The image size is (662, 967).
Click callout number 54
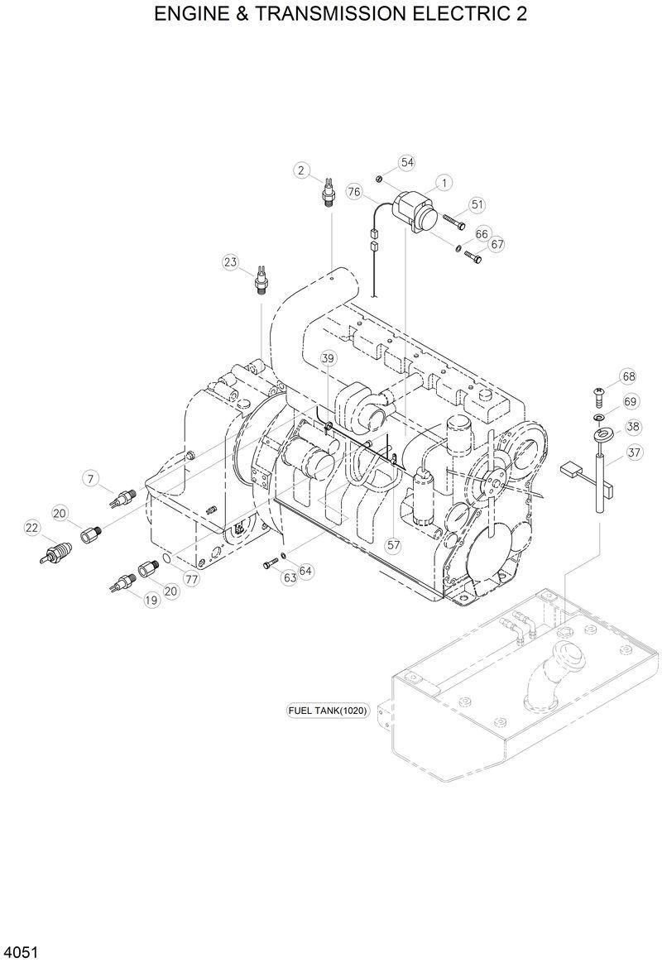pyautogui.click(x=406, y=162)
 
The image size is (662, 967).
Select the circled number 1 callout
pyautogui.click(x=444, y=182)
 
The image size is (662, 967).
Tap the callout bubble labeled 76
pyautogui.click(x=354, y=192)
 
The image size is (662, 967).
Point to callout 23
pyautogui.click(x=230, y=263)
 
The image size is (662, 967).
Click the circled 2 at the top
pyautogui.click(x=302, y=171)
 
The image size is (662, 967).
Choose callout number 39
pyautogui.click(x=329, y=357)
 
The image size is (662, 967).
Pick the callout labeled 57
pyautogui.click(x=393, y=545)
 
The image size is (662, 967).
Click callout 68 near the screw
pyautogui.click(x=629, y=377)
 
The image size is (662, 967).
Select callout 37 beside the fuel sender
pyautogui.click(x=634, y=452)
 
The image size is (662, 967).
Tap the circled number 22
pyautogui.click(x=31, y=527)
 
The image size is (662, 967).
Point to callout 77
pyautogui.click(x=192, y=579)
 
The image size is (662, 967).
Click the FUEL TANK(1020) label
pyautogui.click(x=328, y=710)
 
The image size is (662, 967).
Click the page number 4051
pyautogui.click(x=22, y=952)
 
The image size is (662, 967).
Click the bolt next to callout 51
pyautogui.click(x=454, y=222)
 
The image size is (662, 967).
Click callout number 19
pyautogui.click(x=151, y=601)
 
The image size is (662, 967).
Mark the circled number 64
pyautogui.click(x=306, y=572)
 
